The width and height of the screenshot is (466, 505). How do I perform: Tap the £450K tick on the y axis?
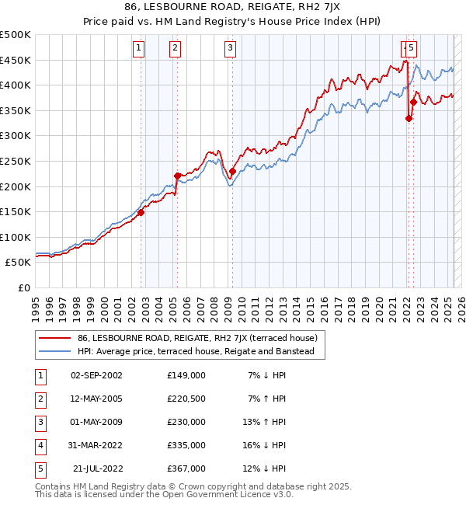coord(16,60)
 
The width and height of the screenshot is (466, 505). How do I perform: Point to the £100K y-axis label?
coord(16,237)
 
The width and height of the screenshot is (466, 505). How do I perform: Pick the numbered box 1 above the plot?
coord(138,48)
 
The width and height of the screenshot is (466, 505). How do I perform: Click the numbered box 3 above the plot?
coord(231,48)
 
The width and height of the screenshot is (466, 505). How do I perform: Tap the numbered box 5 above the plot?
coord(411,48)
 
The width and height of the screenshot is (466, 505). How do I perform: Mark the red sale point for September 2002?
coord(141,212)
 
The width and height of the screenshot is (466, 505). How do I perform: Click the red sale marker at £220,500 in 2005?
coord(178,176)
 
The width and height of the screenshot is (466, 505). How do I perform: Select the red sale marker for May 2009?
coord(232,171)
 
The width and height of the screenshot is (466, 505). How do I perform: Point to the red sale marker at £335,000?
coord(409,118)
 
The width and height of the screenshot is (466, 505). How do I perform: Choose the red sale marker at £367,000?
coord(413,102)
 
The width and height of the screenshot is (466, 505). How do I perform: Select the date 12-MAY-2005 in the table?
coord(96,399)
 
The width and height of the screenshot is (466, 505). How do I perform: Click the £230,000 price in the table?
coord(186,422)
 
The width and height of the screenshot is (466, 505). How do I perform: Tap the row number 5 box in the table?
coord(39,468)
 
